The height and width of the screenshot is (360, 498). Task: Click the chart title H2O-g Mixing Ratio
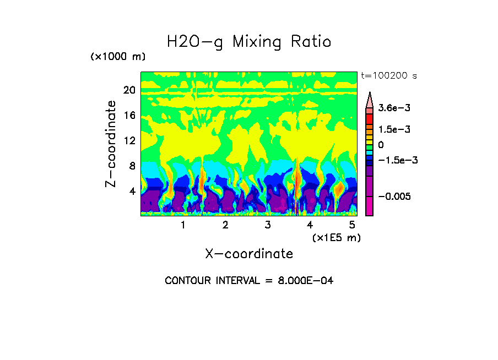249,42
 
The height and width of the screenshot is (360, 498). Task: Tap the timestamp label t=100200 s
388,75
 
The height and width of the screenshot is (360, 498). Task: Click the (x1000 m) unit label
117,57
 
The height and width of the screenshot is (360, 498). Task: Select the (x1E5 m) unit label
336,237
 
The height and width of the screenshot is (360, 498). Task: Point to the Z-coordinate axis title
111,144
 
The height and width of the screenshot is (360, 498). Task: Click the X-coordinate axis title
249,254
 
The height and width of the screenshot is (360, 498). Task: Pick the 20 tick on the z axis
129,90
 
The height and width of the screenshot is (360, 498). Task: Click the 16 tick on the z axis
129,116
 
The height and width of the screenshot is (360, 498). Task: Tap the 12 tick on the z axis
129,140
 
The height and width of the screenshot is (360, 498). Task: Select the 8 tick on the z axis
132,166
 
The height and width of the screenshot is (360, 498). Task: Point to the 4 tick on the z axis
132,191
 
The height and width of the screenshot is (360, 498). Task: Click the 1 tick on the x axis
183,225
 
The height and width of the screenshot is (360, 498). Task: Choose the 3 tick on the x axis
268,225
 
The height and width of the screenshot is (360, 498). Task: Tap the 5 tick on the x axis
352,225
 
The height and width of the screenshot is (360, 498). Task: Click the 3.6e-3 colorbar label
394,108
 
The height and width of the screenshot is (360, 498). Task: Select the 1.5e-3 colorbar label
394,129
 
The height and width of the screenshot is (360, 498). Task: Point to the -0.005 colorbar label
394,197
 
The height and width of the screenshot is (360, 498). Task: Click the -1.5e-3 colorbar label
397,160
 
